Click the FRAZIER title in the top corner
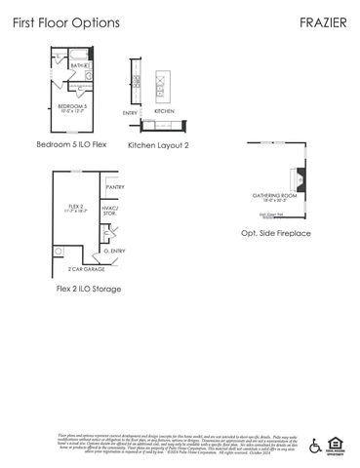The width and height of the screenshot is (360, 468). click(325, 20)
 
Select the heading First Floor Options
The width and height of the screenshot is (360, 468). click(66, 20)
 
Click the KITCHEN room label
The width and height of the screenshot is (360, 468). click(164, 111)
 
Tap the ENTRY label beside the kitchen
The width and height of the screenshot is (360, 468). click(130, 113)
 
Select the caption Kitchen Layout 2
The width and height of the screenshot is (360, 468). click(158, 144)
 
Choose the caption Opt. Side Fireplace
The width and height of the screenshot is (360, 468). click(276, 234)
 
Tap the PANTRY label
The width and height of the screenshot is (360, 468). click(114, 186)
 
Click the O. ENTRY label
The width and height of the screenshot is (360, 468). click(115, 251)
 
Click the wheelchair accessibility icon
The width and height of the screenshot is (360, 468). click(315, 446)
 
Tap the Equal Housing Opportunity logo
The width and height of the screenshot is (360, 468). click(339, 446)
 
